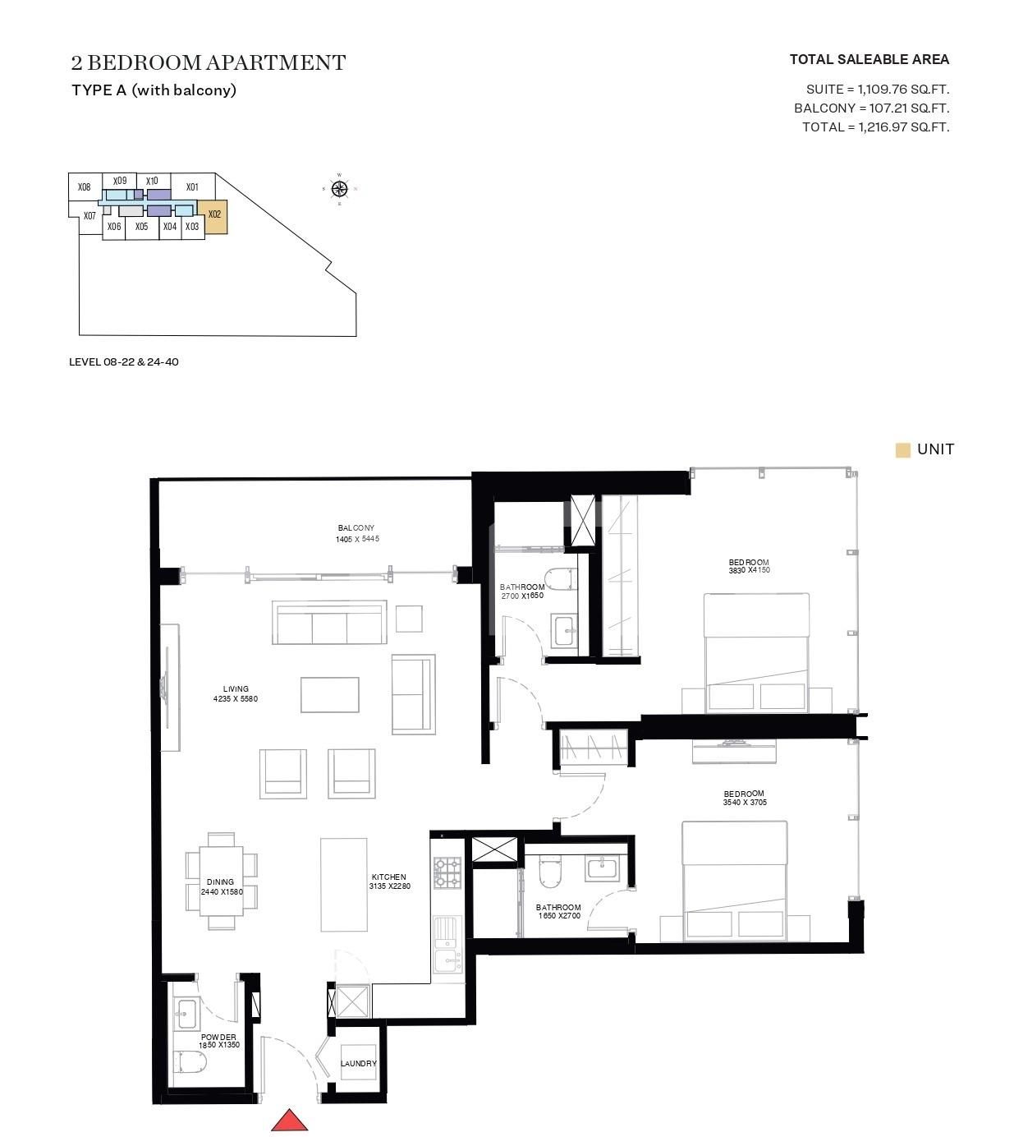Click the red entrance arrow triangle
click(x=289, y=1121)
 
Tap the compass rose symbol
click(x=339, y=190)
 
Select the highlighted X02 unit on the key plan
click(x=215, y=217)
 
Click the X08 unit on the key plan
click(x=85, y=187)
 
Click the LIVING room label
click(x=236, y=689)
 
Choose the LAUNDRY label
click(x=359, y=1064)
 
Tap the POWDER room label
click(x=218, y=1038)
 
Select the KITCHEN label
click(x=388, y=877)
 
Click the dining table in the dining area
click(x=221, y=882)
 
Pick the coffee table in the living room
click(x=329, y=694)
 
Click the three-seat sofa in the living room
click(x=329, y=624)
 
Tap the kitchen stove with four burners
click(x=448, y=873)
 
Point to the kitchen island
click(x=343, y=884)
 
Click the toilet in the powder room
click(x=190, y=1064)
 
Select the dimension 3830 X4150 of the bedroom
click(x=749, y=570)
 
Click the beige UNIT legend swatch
click(x=903, y=450)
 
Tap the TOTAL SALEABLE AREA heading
click(x=869, y=59)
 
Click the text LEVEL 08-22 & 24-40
click(x=124, y=362)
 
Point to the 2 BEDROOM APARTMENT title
click(x=209, y=62)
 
